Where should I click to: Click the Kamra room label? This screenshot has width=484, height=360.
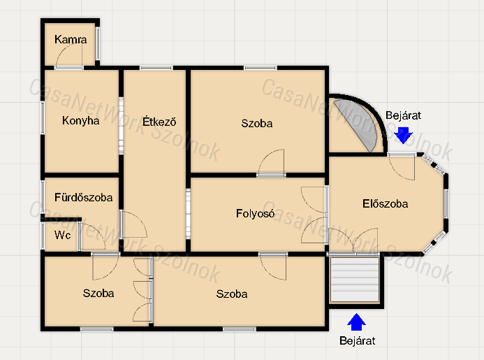pos(71,39)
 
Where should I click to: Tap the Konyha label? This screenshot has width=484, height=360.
pos(80,120)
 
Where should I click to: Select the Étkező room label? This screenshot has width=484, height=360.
pos(159,121)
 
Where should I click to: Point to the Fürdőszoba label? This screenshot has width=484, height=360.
pos(83,197)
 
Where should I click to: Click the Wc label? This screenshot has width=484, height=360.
pos(62,235)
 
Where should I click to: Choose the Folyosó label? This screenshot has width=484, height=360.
pos(255,213)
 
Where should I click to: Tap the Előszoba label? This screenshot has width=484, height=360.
pos(385,203)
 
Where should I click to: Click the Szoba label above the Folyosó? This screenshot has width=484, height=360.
pos(257,123)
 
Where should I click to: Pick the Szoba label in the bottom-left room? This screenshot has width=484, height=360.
pos(98,293)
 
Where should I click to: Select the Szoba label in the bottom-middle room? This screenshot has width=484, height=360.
pos(231,294)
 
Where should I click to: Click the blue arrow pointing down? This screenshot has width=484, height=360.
pos(403,136)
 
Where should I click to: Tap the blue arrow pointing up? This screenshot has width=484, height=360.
pos(356,322)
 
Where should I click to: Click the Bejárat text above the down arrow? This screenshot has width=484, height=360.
pos(403,115)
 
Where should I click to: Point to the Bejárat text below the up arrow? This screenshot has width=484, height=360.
pos(357,340)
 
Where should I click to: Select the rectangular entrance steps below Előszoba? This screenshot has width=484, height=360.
pos(354,280)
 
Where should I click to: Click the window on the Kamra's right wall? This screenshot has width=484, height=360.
pos(98,43)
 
